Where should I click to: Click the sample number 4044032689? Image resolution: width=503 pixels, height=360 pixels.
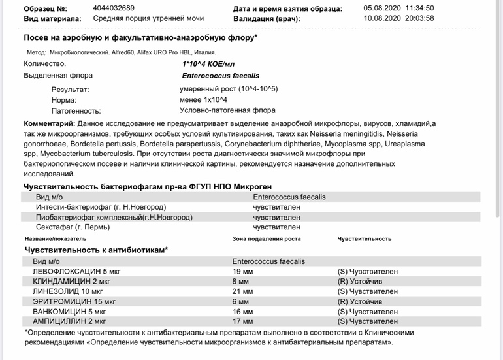pos(114,8)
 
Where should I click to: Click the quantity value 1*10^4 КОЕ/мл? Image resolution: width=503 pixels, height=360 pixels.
pos(208,64)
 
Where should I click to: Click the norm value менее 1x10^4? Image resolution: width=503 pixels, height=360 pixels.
pos(203,99)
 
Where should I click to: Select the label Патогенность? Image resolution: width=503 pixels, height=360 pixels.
pos(76,111)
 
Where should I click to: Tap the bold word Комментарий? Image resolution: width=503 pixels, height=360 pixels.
pos(49,123)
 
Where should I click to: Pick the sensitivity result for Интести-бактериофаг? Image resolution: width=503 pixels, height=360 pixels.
pos(276,207)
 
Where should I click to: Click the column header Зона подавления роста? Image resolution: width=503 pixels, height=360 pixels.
pos(267,239)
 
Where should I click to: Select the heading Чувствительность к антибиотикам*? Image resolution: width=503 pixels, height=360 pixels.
pos(96,250)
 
